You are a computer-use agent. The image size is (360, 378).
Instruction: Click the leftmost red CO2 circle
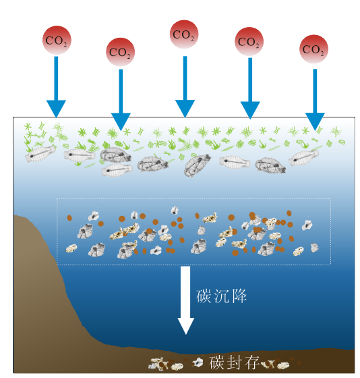tap(57, 40)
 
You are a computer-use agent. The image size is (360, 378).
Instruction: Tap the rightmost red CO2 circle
tap(313, 49)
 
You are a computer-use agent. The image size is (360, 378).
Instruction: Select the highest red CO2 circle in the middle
tap(184, 34)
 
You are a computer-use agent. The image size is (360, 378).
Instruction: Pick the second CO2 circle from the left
tap(120, 52)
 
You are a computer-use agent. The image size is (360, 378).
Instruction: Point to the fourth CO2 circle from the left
tap(249, 41)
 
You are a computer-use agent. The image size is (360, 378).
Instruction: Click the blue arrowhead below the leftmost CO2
tap(56, 109)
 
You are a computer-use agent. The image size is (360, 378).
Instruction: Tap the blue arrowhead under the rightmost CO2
tap(315, 122)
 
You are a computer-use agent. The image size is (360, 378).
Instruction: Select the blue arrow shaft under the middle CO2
tap(185, 78)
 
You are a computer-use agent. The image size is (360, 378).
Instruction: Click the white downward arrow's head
tap(186, 326)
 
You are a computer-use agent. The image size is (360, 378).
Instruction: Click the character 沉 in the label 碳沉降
tap(221, 296)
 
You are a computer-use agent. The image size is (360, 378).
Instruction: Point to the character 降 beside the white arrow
tap(239, 296)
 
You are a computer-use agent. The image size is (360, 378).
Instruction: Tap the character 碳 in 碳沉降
tap(204, 296)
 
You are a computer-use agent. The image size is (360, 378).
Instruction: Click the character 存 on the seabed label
tap(252, 362)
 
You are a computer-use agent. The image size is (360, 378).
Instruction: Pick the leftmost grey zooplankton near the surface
tap(40, 154)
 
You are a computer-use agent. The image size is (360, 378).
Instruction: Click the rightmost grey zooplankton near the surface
tap(303, 158)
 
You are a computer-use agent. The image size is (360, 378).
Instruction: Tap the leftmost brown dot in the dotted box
tap(69, 218)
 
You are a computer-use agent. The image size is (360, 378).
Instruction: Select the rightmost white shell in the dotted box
tap(315, 248)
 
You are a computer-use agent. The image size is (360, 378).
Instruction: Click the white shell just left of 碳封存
tap(198, 362)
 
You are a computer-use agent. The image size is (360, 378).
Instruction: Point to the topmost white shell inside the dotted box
tap(175, 211)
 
